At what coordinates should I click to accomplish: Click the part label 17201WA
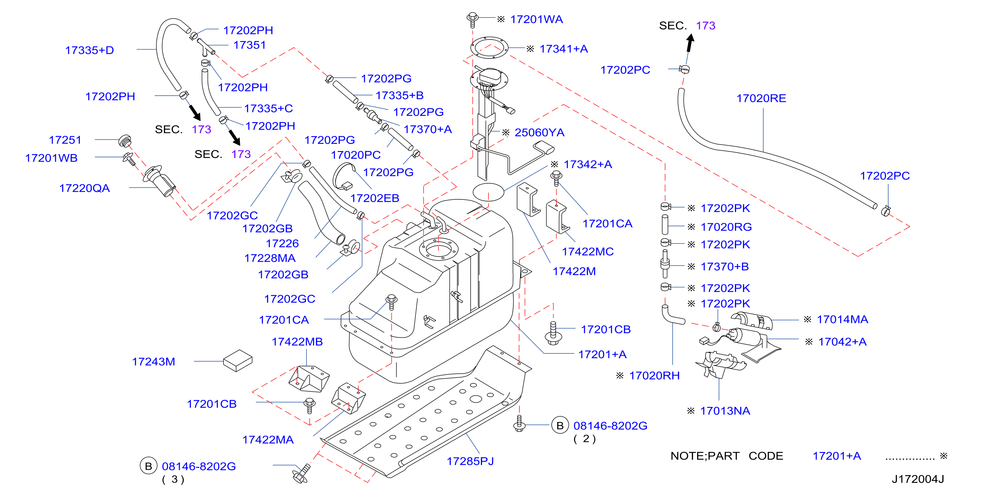pyautogui.click(x=537, y=20)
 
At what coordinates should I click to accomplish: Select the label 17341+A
pyautogui.click(x=564, y=49)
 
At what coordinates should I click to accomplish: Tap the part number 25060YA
pyautogui.click(x=540, y=132)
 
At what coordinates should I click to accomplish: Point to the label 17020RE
pyautogui.click(x=761, y=99)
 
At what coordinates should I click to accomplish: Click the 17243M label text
pyautogui.click(x=154, y=362)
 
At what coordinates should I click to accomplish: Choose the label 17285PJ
pyautogui.click(x=470, y=461)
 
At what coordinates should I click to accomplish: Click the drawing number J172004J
pyautogui.click(x=917, y=479)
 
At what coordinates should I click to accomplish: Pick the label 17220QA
pyautogui.click(x=85, y=188)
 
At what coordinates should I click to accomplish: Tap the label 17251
pyautogui.click(x=65, y=140)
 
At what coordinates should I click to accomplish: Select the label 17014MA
pyautogui.click(x=843, y=319)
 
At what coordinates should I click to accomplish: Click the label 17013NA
pyautogui.click(x=725, y=411)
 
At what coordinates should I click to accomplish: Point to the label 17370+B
pyautogui.click(x=725, y=266)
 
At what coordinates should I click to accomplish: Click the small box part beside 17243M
pyautogui.click(x=238, y=360)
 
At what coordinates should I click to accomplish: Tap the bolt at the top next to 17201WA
pyautogui.click(x=473, y=20)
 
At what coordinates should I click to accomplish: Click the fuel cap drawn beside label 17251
pyautogui.click(x=125, y=141)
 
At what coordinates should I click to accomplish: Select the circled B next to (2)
pyautogui.click(x=560, y=425)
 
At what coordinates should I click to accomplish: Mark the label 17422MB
pyautogui.click(x=297, y=342)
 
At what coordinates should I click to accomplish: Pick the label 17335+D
pyautogui.click(x=90, y=50)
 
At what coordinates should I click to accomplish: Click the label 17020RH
pyautogui.click(x=654, y=376)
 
